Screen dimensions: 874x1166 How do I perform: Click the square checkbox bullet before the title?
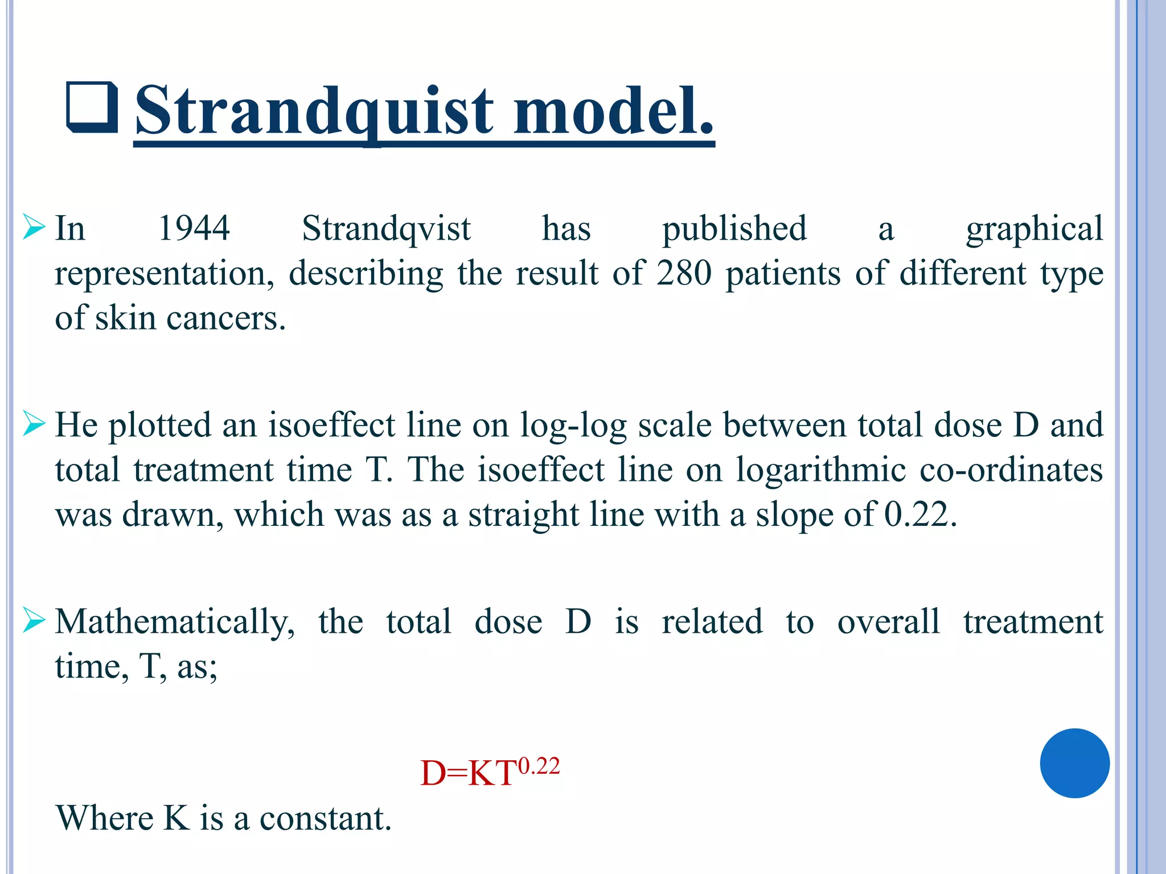point(92,108)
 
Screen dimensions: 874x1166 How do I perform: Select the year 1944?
point(194,229)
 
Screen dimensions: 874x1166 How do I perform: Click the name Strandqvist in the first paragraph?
point(386,229)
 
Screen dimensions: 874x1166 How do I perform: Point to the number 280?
point(683,273)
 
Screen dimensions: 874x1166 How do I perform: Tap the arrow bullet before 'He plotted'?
point(34,424)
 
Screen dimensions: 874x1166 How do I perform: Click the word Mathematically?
point(174,621)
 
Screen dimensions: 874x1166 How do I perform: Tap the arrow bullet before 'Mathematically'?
point(34,621)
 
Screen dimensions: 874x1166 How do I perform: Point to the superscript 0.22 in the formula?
point(539,766)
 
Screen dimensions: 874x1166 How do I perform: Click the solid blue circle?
point(1074,763)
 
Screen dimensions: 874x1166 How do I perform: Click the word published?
point(734,229)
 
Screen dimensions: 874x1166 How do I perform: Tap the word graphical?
point(1034,229)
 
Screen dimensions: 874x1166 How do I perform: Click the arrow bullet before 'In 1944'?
point(34,228)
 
